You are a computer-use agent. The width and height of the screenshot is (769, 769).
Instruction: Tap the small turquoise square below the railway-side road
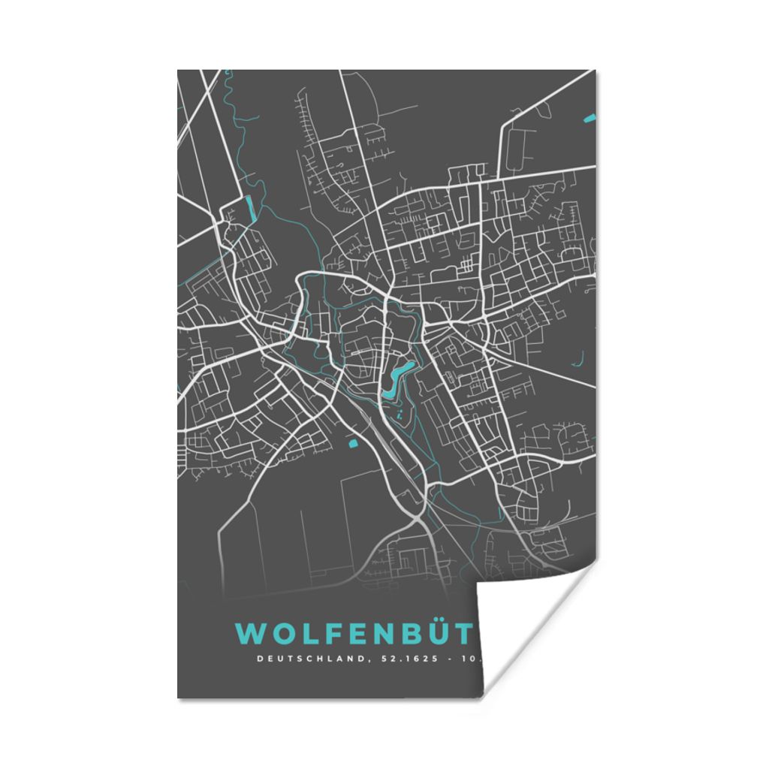tap(353, 443)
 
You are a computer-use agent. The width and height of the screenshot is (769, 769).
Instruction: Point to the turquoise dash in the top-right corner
tap(590, 117)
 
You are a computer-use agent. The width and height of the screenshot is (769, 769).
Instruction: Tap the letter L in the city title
tap(304, 634)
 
